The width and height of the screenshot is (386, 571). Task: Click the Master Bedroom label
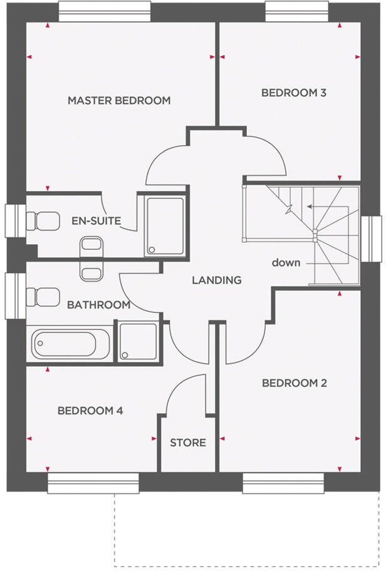pyautogui.click(x=119, y=100)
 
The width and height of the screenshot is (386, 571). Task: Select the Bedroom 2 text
pyautogui.click(x=294, y=383)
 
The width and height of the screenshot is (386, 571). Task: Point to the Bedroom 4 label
pyautogui.click(x=90, y=411)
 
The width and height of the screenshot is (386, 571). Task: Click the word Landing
pyautogui.click(x=217, y=280)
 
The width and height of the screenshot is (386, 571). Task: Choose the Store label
pyautogui.click(x=188, y=443)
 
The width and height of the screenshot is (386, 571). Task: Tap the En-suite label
pyautogui.click(x=96, y=221)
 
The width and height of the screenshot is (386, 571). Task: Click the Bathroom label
pyautogui.click(x=98, y=305)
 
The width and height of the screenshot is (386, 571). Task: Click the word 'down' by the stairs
pyautogui.click(x=286, y=262)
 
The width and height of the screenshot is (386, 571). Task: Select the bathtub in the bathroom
pyautogui.click(x=69, y=342)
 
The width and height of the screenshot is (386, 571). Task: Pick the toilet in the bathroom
pyautogui.click(x=41, y=296)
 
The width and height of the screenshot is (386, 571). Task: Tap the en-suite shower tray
pyautogui.click(x=165, y=226)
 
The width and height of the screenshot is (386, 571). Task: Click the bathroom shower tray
pyautogui.click(x=138, y=341)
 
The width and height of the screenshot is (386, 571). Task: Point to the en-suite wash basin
pyautogui.click(x=91, y=244)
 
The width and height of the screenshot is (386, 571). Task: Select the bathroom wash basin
pyautogui.click(x=91, y=273)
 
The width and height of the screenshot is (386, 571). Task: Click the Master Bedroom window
pyautogui.click(x=104, y=11)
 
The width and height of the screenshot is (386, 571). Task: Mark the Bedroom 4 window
pyautogui.click(x=93, y=483)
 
